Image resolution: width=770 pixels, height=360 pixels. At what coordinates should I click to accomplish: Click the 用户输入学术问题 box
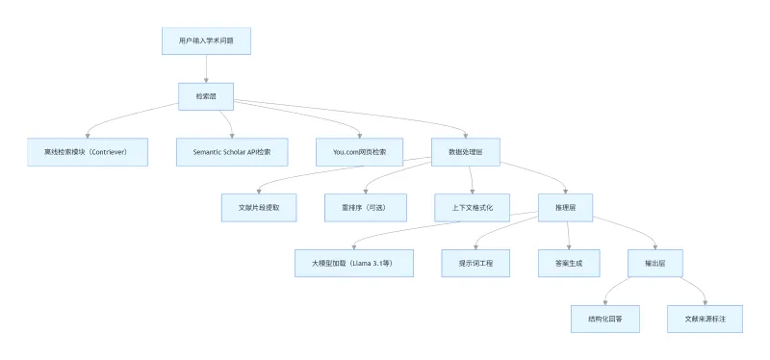206,41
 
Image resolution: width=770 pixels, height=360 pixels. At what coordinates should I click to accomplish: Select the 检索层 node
206,96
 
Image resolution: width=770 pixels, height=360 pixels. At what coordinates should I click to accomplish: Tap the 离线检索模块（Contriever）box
86,152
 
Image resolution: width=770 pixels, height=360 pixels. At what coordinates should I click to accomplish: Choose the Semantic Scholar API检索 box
231,152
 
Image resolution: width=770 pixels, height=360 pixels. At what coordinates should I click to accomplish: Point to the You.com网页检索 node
359,152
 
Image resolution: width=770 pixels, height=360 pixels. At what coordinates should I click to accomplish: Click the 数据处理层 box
467,152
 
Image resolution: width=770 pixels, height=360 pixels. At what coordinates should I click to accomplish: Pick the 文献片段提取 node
259,208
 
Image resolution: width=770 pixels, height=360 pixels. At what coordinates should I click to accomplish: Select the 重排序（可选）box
366,208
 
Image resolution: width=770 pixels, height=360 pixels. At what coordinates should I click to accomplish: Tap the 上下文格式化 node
473,208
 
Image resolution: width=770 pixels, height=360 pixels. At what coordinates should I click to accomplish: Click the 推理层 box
565,208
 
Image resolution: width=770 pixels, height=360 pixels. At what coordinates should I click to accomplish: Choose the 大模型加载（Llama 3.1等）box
354,263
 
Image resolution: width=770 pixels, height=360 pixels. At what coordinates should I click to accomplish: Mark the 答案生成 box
569,263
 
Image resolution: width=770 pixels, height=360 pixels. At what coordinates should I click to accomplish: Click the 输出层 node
655,263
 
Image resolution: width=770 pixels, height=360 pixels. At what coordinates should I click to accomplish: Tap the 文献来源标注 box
706,319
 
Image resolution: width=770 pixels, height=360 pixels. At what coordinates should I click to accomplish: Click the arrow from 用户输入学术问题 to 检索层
206,69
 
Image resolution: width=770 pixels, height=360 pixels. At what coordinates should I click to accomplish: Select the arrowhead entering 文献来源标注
706,301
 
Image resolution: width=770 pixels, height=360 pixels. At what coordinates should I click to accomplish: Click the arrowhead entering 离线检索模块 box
87,136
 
